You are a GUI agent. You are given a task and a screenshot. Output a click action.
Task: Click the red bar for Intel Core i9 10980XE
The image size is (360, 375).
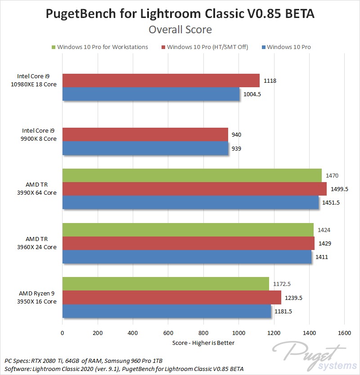[161, 80]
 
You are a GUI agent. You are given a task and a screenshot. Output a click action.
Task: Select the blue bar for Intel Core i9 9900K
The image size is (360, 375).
[145, 148]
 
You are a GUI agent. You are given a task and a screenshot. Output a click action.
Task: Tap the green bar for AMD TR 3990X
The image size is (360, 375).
[192, 175]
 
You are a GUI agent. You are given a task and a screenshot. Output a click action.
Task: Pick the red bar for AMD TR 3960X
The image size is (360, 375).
[188, 243]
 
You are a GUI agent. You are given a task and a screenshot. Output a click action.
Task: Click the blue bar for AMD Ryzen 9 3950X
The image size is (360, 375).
[166, 311]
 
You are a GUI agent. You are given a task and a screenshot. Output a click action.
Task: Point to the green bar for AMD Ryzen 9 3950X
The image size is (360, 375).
[166, 284]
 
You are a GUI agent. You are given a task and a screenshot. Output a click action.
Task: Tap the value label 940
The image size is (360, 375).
[237, 135]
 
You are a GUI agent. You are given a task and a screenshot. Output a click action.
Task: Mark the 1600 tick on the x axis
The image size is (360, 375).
[344, 334]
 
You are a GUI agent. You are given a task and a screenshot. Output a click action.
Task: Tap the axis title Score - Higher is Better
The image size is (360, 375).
[203, 343]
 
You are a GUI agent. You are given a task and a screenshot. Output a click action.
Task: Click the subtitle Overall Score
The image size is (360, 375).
[180, 30]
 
